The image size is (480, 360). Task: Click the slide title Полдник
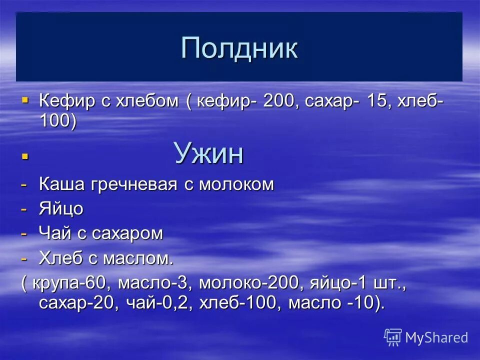click(x=239, y=48)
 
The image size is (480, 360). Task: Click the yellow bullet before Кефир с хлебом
click(x=25, y=100)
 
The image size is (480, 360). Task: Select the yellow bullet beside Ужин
click(x=25, y=157)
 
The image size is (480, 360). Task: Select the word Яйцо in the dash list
click(x=61, y=209)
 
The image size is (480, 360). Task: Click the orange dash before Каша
click(x=24, y=184)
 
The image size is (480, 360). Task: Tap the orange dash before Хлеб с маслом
click(x=24, y=258)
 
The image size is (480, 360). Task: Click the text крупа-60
click(x=69, y=284)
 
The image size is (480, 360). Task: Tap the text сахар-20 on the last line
click(x=75, y=303)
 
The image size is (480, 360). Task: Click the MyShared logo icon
click(x=392, y=337)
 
